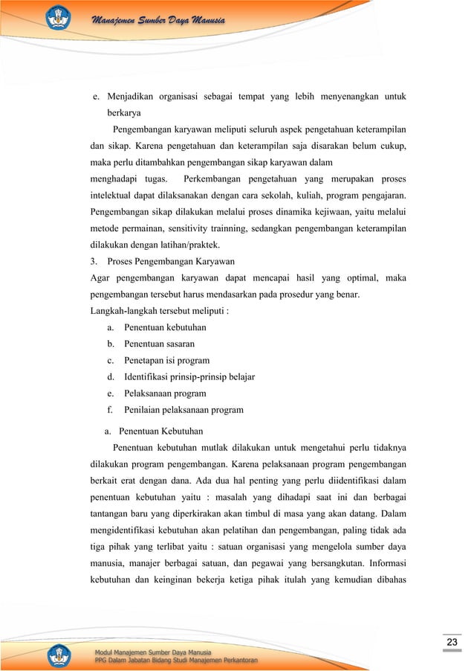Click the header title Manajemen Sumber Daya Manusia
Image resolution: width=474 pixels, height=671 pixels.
[x=155, y=18]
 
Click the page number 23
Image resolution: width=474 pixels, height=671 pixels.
[x=451, y=642]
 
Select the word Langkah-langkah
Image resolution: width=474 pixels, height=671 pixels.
[x=120, y=311]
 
